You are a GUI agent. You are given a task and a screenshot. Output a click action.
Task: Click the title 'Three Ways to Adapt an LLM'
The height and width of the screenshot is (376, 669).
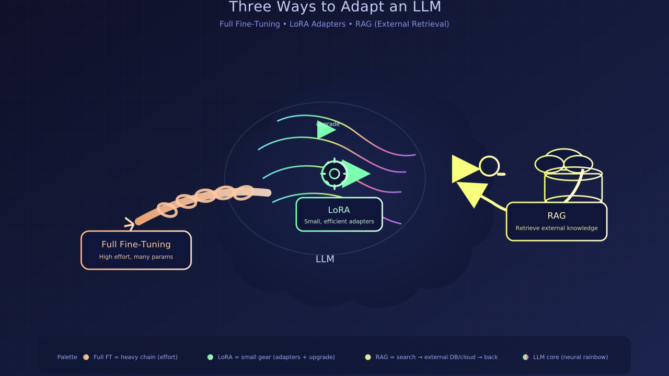click(335, 7)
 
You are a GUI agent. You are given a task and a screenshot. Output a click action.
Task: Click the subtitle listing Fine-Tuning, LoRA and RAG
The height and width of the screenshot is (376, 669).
click(334, 24)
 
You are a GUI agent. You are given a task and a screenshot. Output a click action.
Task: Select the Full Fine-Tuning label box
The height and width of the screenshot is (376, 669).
click(136, 250)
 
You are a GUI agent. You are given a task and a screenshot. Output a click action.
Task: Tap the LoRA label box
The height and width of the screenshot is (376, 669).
click(339, 214)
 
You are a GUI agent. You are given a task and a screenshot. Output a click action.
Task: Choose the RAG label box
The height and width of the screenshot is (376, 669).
click(556, 221)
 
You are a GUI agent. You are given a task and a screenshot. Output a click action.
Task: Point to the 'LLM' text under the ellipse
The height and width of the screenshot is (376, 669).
click(325, 259)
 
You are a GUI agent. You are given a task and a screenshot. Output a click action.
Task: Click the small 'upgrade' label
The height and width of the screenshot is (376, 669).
click(328, 124)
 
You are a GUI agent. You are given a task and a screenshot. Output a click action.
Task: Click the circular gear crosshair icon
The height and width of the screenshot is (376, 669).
click(334, 174)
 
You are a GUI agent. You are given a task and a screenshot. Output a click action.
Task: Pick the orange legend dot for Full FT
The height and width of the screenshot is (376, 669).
click(86, 357)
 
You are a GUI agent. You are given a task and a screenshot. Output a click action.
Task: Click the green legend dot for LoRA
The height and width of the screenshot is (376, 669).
click(210, 357)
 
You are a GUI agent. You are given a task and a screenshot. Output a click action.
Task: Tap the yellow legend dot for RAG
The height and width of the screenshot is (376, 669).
click(368, 357)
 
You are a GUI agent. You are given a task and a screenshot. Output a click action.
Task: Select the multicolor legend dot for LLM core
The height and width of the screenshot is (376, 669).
click(525, 357)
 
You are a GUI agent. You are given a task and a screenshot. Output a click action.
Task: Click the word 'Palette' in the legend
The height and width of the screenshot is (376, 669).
click(67, 357)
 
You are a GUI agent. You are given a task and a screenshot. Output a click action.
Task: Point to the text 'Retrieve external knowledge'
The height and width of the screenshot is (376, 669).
click(556, 228)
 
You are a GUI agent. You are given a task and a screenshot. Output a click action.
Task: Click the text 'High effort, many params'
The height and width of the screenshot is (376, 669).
click(136, 257)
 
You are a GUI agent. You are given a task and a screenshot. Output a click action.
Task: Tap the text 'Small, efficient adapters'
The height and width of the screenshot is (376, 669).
click(339, 222)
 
